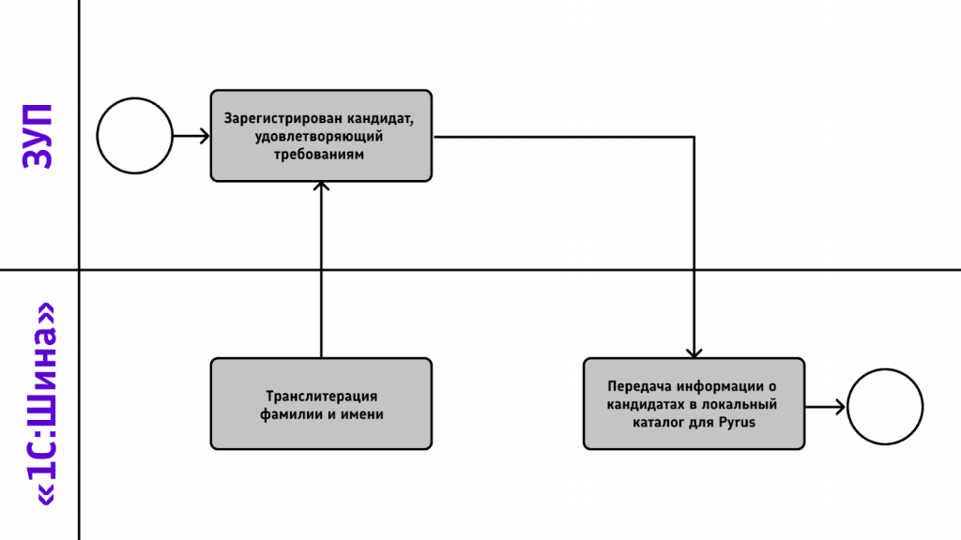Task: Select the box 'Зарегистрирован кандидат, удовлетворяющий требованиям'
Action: click(x=321, y=136)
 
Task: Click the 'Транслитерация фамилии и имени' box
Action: click(x=321, y=404)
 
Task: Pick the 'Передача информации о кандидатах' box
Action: click(x=694, y=404)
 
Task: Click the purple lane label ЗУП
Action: click(x=38, y=136)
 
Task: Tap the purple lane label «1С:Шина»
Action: click(x=44, y=404)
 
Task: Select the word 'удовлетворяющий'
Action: click(x=319, y=137)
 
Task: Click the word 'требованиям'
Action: click(x=319, y=155)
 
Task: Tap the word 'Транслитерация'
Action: click(x=321, y=397)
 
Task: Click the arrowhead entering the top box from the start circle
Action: click(x=205, y=136)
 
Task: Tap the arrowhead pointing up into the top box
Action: click(x=321, y=186)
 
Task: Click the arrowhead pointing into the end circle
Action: click(x=840, y=407)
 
